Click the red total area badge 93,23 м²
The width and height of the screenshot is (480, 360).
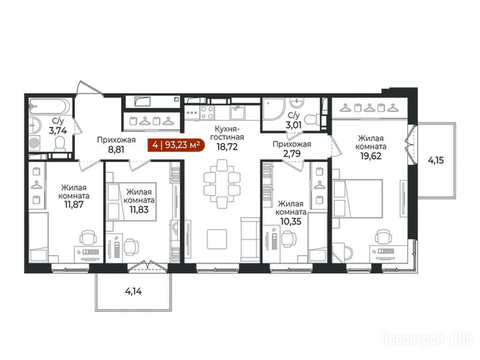tap(176, 145)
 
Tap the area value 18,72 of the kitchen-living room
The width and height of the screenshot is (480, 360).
tap(227, 147)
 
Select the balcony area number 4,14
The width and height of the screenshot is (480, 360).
tap(134, 292)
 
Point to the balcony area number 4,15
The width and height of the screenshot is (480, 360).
tap(435, 160)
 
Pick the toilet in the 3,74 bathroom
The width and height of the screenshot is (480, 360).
tap(60, 144)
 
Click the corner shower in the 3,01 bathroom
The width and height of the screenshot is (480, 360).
tap(273, 109)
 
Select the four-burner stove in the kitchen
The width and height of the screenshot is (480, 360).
tap(207, 112)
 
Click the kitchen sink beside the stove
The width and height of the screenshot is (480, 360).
tap(237, 112)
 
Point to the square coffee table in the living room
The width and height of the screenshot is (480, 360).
tap(217, 239)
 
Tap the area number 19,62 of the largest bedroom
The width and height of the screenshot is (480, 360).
tap(371, 156)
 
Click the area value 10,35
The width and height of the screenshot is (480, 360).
tap(291, 221)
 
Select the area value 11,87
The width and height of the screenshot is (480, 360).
tap(74, 204)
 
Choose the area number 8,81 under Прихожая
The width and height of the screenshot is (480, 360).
tap(116, 149)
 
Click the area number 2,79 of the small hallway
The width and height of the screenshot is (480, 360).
tap(292, 153)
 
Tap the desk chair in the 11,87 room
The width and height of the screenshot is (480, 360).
tap(88, 238)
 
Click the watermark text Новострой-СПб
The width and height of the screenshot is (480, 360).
tap(427, 338)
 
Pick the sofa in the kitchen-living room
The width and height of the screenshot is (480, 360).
tap(250, 240)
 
